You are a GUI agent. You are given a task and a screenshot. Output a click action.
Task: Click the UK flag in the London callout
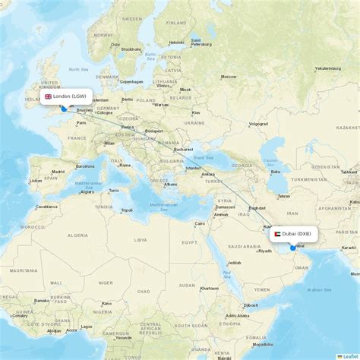[x=49, y=96]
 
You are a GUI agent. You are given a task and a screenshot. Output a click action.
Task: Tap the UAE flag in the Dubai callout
[x=277, y=234]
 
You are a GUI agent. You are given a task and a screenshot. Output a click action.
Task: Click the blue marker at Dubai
[x=292, y=248]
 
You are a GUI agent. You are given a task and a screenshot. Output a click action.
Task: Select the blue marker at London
[x=63, y=108]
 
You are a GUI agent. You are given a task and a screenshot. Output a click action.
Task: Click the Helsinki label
[x=176, y=43]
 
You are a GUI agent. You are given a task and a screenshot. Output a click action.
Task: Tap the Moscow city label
[x=227, y=77]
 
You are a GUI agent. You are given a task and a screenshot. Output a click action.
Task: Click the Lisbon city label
[x=36, y=181]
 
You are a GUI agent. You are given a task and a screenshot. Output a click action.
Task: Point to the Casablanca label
[x=47, y=206]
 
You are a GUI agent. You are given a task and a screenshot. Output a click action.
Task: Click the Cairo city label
[x=201, y=223]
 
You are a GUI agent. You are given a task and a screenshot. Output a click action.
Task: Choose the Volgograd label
[x=258, y=123]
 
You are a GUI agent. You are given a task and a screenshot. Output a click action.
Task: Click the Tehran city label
[x=283, y=196]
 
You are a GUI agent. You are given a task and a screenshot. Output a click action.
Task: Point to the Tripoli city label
[x=126, y=210]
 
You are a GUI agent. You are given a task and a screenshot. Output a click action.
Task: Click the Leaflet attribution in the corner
[x=349, y=356]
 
